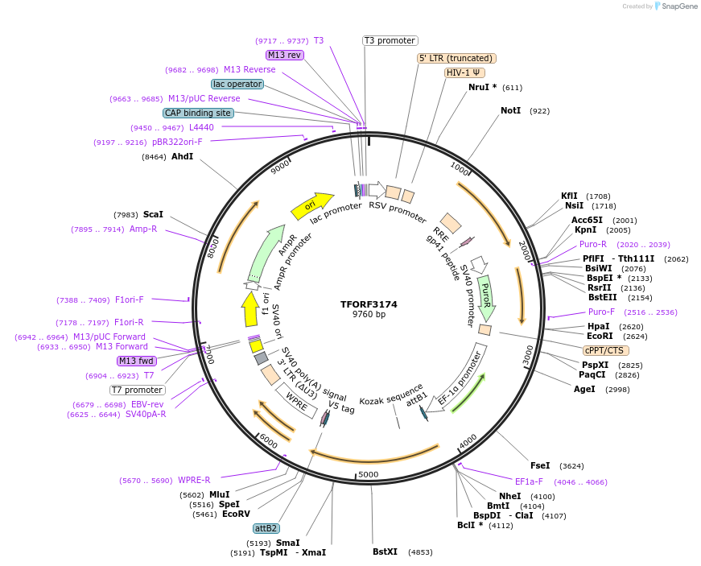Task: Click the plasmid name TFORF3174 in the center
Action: click(x=369, y=304)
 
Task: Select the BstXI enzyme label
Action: click(x=386, y=552)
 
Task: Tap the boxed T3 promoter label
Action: click(x=390, y=40)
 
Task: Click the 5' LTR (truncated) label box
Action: click(x=456, y=58)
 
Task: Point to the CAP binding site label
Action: click(x=198, y=114)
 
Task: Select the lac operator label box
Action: click(x=237, y=84)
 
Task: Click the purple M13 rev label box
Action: click(x=285, y=55)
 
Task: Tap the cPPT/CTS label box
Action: click(x=606, y=350)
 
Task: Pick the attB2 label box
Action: click(x=266, y=528)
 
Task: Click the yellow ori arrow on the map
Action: click(x=312, y=206)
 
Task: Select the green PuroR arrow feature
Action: click(x=485, y=297)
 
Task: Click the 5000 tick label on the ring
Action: click(x=368, y=474)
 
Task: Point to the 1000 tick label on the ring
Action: click(x=460, y=167)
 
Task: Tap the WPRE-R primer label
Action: click(x=194, y=480)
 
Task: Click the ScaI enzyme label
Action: click(x=153, y=214)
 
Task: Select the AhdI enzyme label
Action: click(x=182, y=156)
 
